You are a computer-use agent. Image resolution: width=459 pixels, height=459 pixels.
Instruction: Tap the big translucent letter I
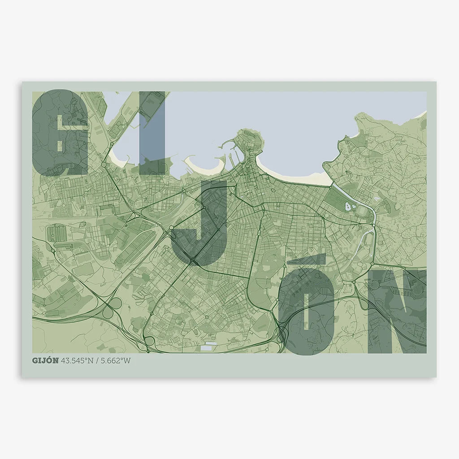152,134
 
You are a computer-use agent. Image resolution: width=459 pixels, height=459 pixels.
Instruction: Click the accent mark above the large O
307,260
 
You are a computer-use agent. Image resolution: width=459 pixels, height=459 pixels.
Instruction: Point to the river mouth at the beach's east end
333,184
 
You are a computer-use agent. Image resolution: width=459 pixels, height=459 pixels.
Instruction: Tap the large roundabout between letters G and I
104,165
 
